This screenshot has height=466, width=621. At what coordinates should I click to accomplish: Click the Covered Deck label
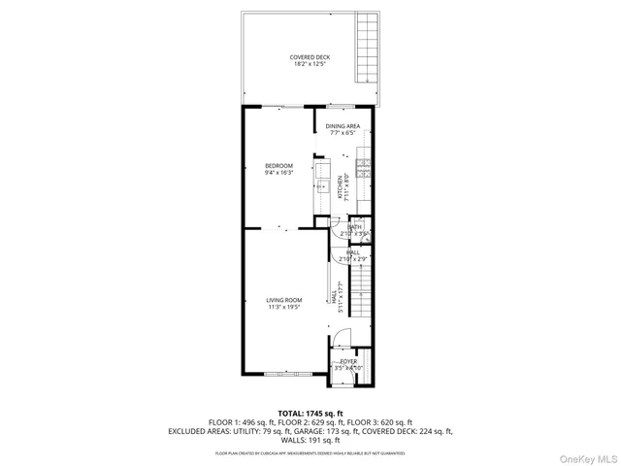(310, 57)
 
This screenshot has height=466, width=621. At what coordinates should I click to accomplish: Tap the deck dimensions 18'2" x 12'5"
(310, 65)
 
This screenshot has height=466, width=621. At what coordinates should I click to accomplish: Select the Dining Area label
(343, 126)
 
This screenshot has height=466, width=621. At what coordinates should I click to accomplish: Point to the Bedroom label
(278, 165)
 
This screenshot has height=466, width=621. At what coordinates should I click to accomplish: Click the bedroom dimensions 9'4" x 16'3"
(278, 173)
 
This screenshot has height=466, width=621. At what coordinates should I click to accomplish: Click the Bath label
(355, 227)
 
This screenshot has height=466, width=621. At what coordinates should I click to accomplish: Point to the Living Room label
(284, 300)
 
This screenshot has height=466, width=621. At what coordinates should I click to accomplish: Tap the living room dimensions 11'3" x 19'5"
(284, 308)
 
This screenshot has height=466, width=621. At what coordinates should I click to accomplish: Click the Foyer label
(347, 361)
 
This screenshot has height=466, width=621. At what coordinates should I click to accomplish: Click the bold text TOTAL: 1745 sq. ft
(310, 413)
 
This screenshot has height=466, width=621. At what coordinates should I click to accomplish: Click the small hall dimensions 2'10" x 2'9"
(353, 259)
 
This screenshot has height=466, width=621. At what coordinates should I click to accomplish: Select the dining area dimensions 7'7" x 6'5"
(343, 134)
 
